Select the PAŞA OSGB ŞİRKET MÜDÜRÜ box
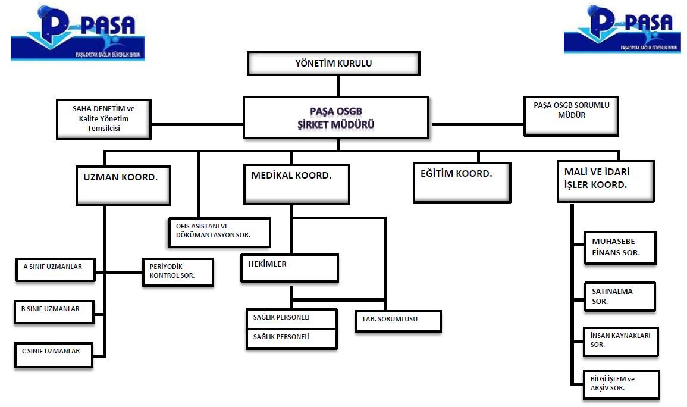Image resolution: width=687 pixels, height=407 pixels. [337, 117]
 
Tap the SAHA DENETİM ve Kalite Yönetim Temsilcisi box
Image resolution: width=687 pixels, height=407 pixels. [103, 118]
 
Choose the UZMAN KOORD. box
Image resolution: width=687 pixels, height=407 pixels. [123, 184]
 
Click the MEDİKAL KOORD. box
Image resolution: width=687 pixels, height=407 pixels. [296, 184]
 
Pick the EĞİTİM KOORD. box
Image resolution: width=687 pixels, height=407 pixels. [462, 182]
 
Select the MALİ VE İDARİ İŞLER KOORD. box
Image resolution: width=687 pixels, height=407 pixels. [605, 181]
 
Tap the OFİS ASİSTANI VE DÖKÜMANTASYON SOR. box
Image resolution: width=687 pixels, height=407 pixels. [219, 232]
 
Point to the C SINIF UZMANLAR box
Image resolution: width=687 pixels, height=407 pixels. [54, 355]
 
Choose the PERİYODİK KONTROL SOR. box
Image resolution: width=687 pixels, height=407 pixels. [177, 272]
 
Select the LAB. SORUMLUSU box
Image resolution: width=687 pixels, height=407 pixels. [398, 321]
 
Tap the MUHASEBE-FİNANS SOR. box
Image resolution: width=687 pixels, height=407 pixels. [620, 248]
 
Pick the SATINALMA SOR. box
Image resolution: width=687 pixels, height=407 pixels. [619, 296]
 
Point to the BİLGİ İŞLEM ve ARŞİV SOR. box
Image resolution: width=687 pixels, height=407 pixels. [621, 384]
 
